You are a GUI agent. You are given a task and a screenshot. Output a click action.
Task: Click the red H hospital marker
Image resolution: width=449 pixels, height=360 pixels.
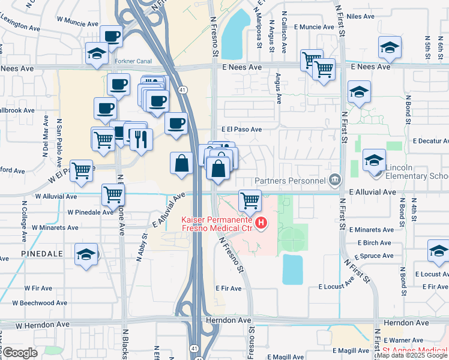pos(261,224)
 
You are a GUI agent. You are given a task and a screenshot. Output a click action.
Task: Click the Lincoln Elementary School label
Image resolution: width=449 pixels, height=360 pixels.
pos(417,171)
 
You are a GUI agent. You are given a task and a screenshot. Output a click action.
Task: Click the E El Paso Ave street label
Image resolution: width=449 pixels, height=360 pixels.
pos(241,129)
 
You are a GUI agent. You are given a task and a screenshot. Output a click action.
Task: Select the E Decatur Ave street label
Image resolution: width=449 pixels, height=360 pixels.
pos(430,140)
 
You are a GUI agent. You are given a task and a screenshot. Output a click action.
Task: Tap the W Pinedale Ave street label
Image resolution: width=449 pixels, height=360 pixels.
pos(90,212)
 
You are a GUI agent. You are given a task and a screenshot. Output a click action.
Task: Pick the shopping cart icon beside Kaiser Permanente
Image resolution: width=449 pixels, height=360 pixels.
pos(250,200)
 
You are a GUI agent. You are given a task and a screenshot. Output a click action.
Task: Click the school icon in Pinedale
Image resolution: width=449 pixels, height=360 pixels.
pos(86,254)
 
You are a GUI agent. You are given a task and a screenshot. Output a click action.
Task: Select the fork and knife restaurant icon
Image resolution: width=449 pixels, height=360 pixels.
pos(141,140)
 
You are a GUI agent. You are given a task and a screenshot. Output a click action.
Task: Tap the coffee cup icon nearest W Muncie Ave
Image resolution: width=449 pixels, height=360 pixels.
pos(111,37)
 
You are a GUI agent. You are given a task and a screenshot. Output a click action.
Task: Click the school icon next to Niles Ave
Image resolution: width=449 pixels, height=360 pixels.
pos(390,48)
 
